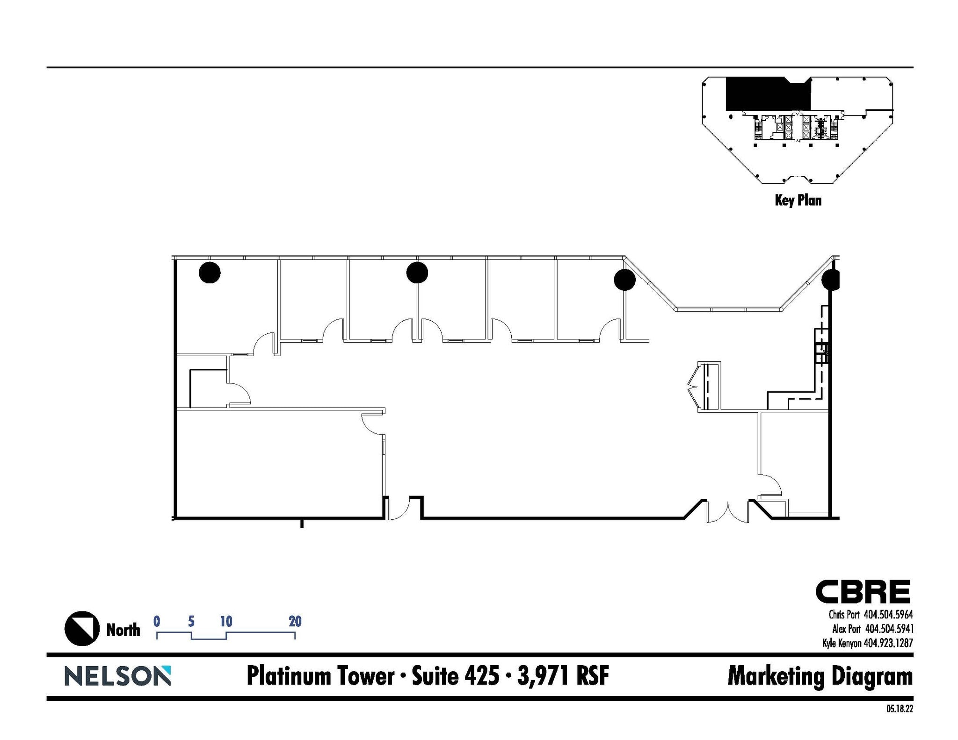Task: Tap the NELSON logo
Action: tap(117, 676)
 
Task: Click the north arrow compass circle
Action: tap(82, 629)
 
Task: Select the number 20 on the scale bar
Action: tap(295, 621)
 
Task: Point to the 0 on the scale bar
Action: tap(157, 621)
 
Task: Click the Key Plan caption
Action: tap(798, 201)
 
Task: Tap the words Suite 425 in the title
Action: tap(455, 676)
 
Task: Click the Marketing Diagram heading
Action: tap(820, 676)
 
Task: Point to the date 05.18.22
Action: tap(899, 709)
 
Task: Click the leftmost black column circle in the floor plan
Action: tap(210, 273)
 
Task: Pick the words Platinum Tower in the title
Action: tap(320, 676)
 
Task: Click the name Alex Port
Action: tap(847, 629)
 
